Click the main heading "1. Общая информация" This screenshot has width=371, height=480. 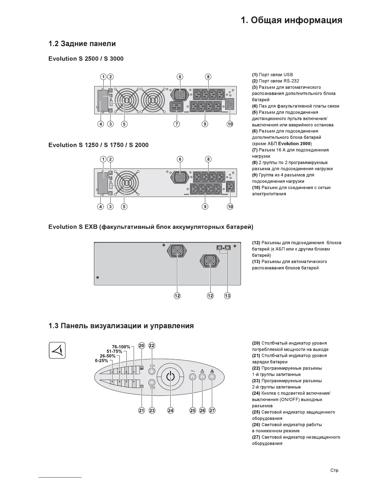click(x=292, y=20)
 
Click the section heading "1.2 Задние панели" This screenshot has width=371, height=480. click(x=82, y=44)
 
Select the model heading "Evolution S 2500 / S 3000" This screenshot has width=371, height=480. click(x=86, y=58)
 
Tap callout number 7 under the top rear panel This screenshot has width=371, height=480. click(x=177, y=124)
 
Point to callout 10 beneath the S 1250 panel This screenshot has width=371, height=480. click(x=230, y=206)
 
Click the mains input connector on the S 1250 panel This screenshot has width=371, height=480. click(x=230, y=187)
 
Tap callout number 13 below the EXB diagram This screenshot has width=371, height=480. click(x=227, y=295)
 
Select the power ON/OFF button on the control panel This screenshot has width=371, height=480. click(x=171, y=377)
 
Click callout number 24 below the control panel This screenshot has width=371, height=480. click(x=171, y=410)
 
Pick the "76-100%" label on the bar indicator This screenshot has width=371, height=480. click(x=121, y=347)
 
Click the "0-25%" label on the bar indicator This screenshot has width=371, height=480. click(x=101, y=361)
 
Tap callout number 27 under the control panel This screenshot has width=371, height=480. click(x=212, y=410)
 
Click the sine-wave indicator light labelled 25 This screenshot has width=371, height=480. click(x=192, y=377)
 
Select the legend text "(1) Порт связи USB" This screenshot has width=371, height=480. click(x=272, y=75)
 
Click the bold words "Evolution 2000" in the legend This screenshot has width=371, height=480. click(x=294, y=144)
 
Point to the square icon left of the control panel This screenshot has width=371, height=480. click(x=57, y=350)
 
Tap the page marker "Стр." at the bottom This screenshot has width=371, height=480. click(x=335, y=471)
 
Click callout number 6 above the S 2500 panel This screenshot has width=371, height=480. click(x=180, y=77)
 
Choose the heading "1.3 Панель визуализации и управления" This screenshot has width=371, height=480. click(x=121, y=326)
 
